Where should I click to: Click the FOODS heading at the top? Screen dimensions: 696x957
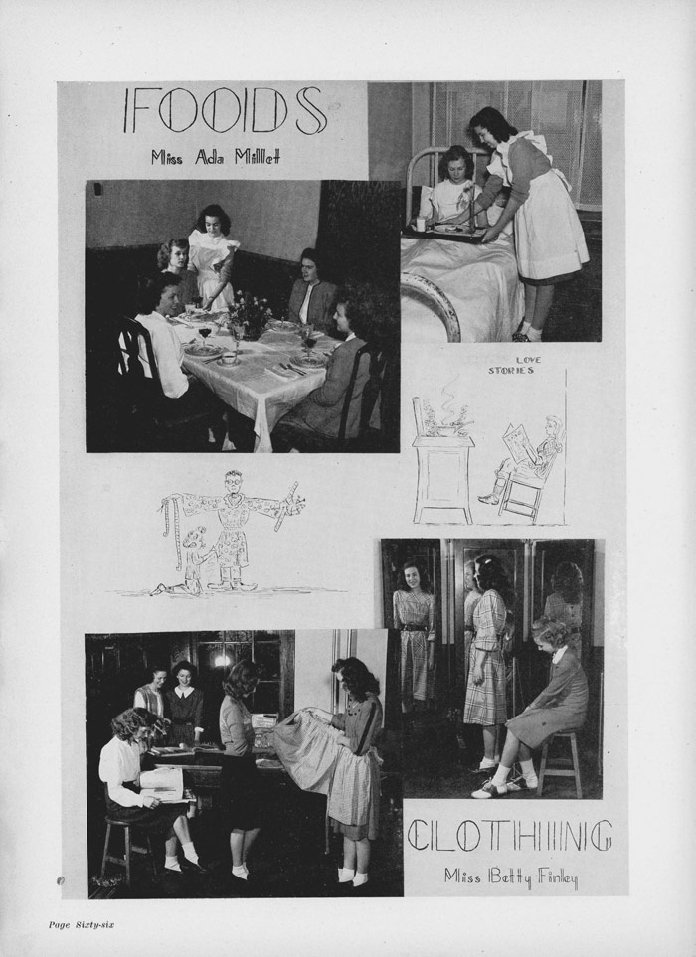[x=224, y=111]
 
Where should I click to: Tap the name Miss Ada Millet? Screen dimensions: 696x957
[x=216, y=157]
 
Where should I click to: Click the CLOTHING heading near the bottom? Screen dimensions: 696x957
[x=509, y=836]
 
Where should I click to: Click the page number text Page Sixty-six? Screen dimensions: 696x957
[x=82, y=924]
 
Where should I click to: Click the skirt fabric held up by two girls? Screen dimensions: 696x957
[x=305, y=752]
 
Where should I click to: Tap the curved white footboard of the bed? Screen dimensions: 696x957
[x=435, y=303]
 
